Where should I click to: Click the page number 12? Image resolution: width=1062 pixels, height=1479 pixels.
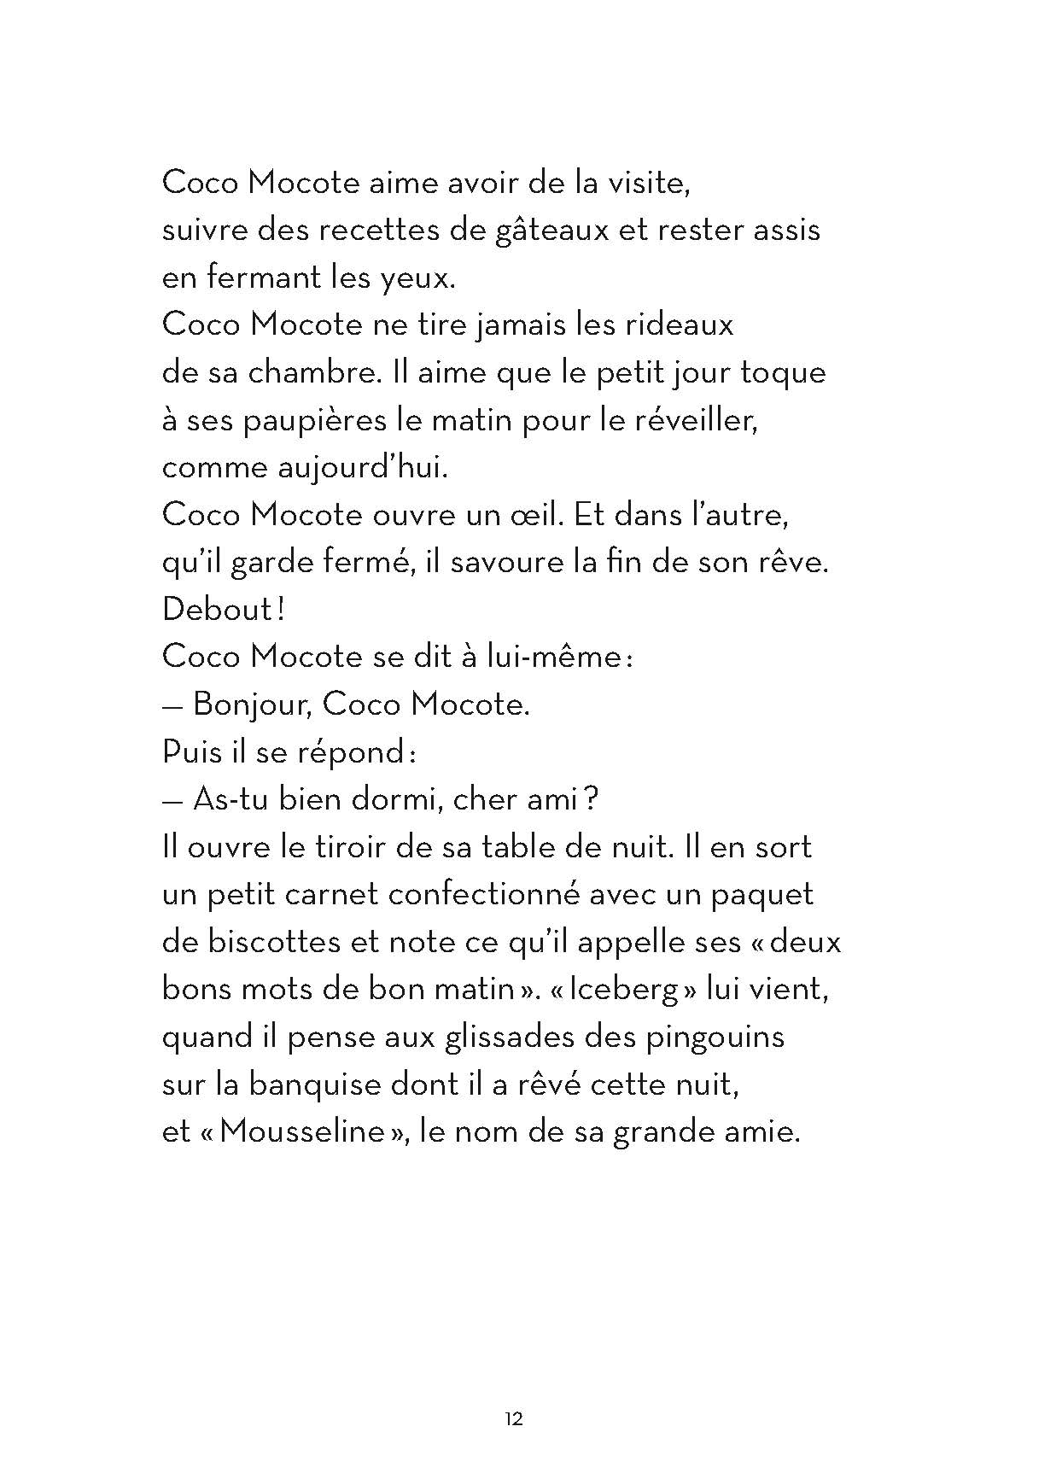(513, 1419)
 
